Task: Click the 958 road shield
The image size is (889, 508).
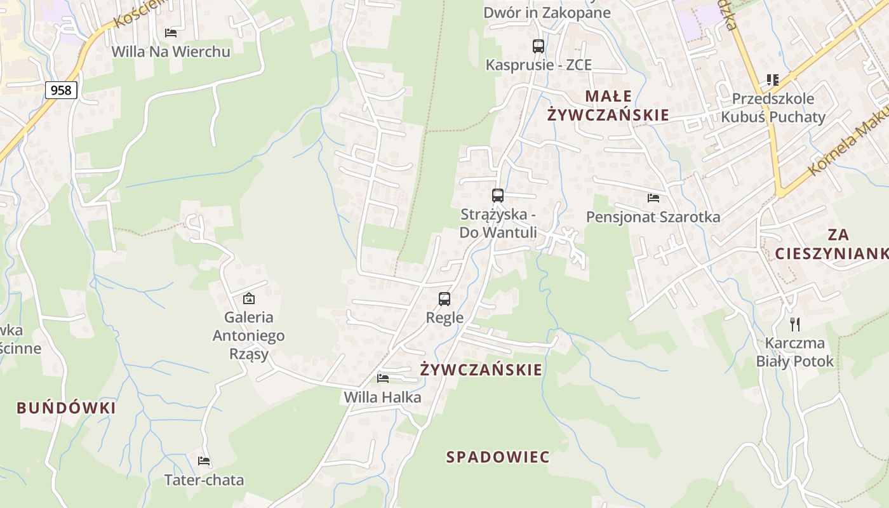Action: (61, 90)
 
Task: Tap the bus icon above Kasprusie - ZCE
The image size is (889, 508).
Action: (538, 46)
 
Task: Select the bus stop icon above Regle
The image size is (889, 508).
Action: (444, 298)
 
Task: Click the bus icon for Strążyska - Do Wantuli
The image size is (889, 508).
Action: (498, 196)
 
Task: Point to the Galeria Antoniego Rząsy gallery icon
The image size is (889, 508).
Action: (249, 298)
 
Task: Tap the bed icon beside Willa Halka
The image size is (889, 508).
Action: (383, 378)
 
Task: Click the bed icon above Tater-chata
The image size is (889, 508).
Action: (204, 461)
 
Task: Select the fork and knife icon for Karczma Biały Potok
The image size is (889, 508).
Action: (794, 324)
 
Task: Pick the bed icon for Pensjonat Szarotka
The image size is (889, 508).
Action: (653, 198)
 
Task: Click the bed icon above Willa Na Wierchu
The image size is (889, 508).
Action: (171, 32)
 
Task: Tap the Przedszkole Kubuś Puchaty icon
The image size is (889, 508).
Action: (773, 80)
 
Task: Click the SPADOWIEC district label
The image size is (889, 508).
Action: (498, 457)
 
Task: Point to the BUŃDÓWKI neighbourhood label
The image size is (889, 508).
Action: (67, 408)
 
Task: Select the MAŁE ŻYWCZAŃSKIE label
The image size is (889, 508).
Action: (608, 105)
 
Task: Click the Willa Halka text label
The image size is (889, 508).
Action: (382, 398)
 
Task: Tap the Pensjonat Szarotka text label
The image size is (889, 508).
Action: (653, 217)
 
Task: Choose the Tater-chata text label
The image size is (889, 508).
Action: (204, 480)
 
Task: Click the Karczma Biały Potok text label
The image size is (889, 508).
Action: (794, 352)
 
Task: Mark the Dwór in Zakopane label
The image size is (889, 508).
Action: (547, 13)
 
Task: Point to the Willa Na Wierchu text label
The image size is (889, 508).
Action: (171, 51)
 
